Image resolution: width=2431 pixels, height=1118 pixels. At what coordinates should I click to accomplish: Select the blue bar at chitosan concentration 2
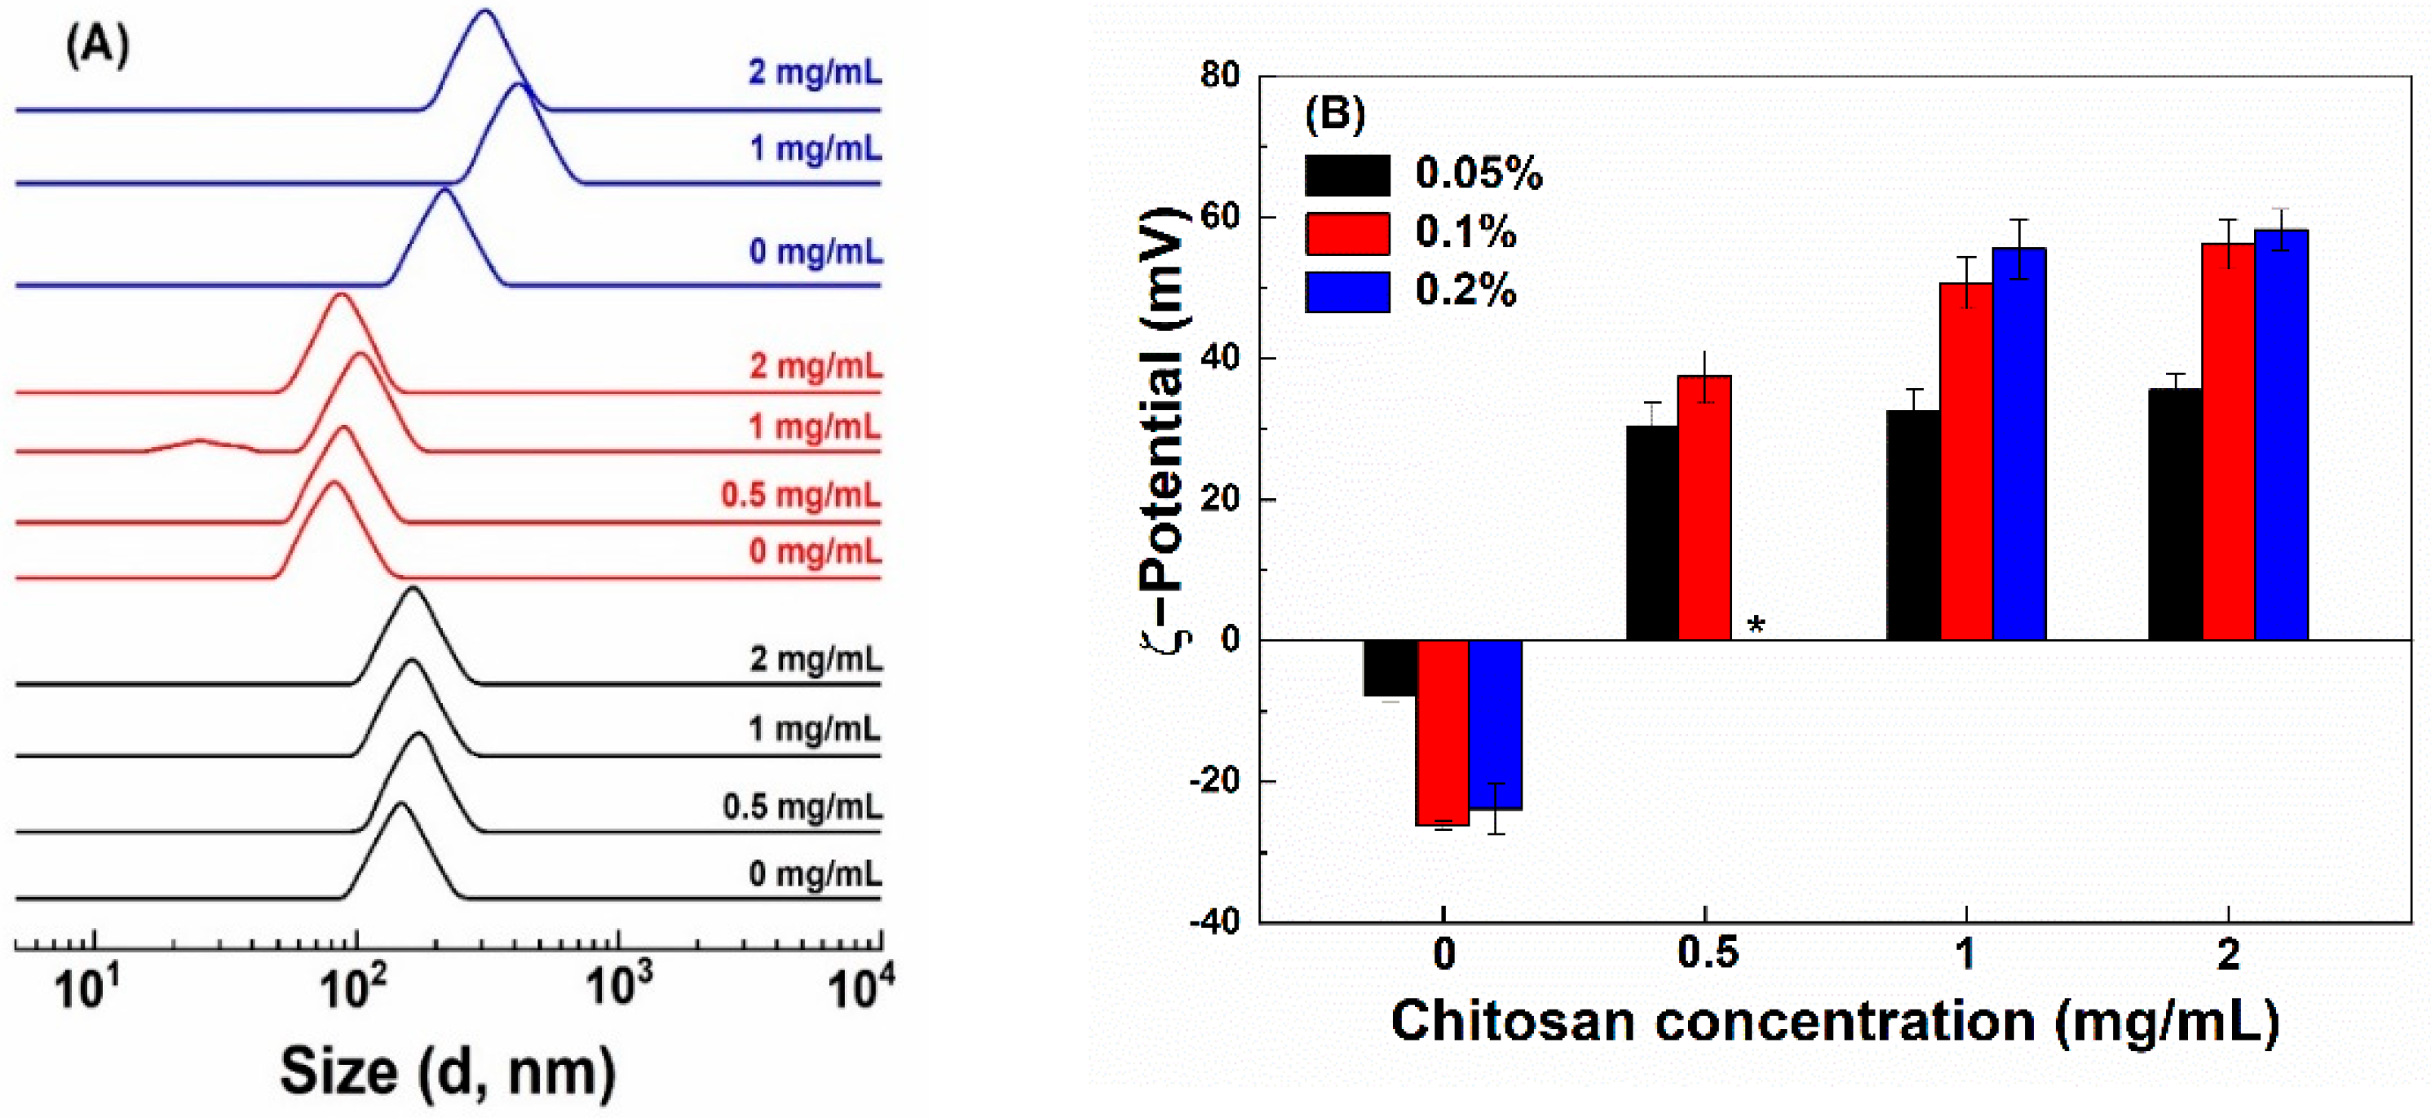click(2281, 434)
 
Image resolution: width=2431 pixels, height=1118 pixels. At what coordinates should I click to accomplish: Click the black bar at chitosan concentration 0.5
click(1652, 533)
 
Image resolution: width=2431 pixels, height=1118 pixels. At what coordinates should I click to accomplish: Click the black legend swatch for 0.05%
click(1346, 175)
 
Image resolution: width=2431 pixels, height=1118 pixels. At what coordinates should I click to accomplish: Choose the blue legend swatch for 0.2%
click(1346, 292)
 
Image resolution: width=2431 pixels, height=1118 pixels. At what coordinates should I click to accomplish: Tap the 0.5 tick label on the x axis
click(1706, 955)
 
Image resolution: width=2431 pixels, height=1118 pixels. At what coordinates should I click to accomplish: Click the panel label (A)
click(97, 46)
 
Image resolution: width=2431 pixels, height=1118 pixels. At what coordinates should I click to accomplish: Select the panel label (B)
click(1334, 113)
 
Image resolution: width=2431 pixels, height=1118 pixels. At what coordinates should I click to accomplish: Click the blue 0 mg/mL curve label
click(815, 252)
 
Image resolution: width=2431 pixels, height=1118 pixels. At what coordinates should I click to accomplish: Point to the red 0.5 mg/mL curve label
click(800, 494)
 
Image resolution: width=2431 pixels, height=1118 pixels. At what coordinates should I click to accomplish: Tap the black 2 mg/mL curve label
click(815, 659)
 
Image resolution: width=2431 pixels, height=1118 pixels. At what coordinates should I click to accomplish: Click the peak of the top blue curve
click(485, 11)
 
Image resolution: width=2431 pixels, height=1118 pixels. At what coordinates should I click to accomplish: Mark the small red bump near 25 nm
click(199, 440)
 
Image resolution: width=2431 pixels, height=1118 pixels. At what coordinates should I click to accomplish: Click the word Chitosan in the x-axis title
click(1512, 1022)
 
